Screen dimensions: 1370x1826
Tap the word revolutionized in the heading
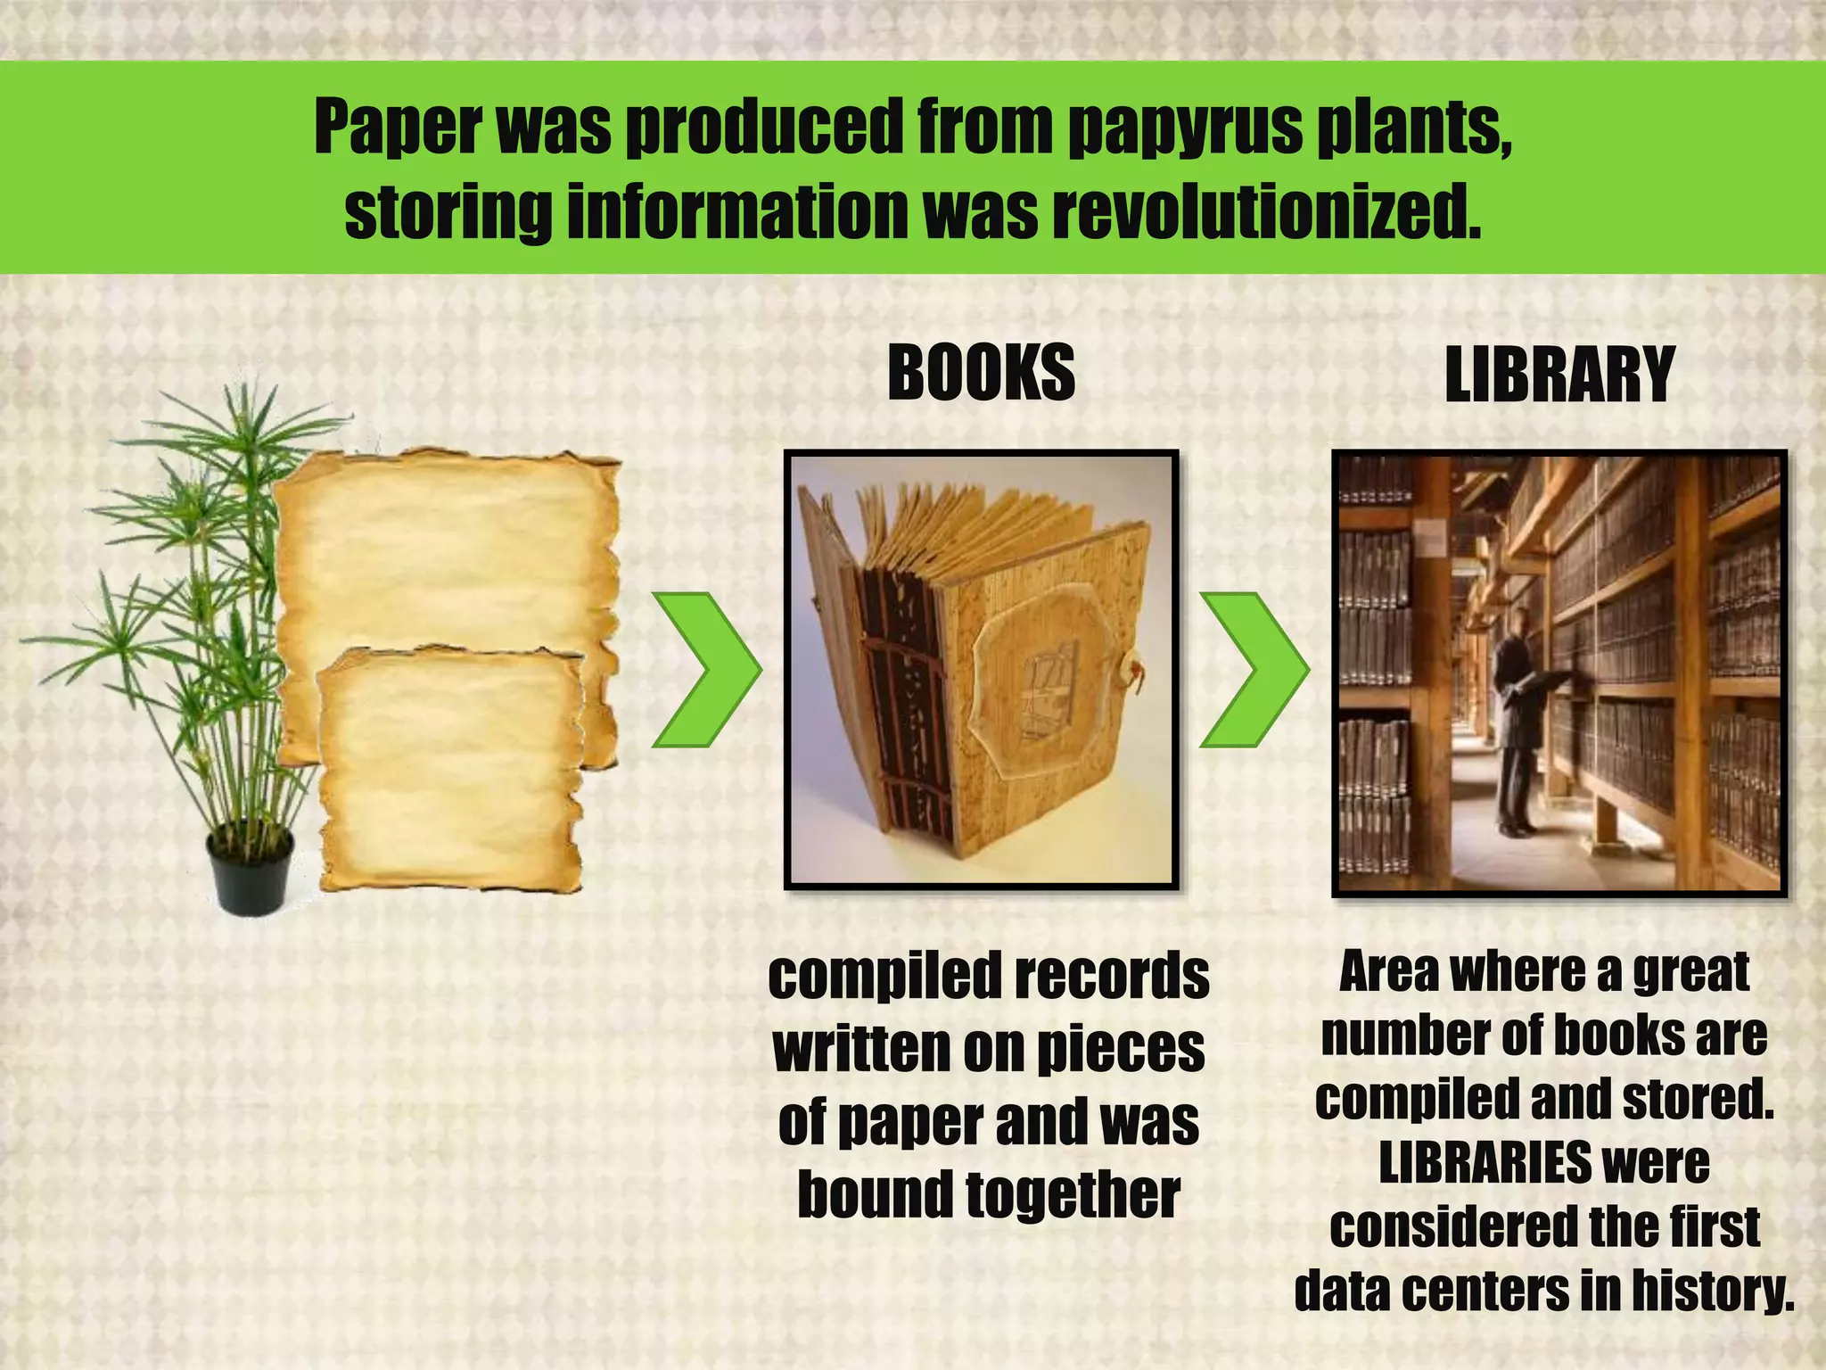(1265, 212)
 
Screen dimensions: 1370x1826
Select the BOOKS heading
(981, 372)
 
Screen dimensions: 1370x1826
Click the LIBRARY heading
(1559, 376)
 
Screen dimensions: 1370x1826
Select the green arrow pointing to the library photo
(1253, 669)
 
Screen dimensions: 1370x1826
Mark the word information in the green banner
(736, 212)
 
